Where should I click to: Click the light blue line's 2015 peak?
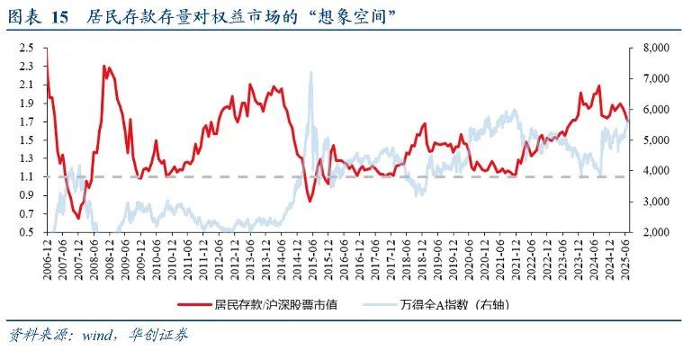tap(310, 72)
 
